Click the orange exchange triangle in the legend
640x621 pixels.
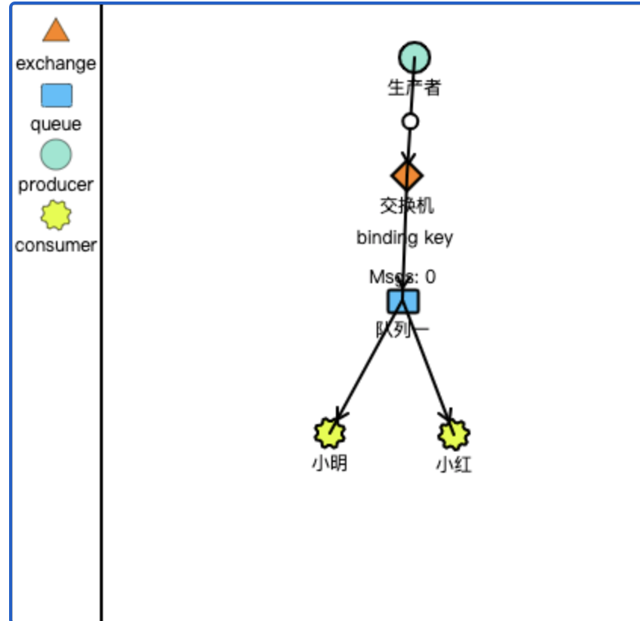click(x=55, y=31)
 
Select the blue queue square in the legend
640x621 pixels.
click(x=55, y=95)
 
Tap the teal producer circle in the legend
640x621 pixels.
click(x=55, y=155)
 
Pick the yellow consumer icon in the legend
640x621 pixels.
click(x=55, y=216)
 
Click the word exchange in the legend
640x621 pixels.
click(x=55, y=64)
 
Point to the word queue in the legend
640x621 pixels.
click(x=55, y=124)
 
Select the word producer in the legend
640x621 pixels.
click(x=55, y=185)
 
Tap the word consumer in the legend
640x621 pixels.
click(x=55, y=245)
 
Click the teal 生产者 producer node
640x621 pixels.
click(x=415, y=58)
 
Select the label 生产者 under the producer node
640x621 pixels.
click(x=414, y=88)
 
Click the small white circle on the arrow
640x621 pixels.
click(x=410, y=121)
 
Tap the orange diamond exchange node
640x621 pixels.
click(x=406, y=176)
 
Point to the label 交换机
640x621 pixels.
click(x=406, y=205)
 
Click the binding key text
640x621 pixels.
click(x=405, y=238)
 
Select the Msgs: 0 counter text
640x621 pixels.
click(x=402, y=277)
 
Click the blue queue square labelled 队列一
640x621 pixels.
click(x=402, y=301)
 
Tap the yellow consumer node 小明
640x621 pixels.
click(x=330, y=433)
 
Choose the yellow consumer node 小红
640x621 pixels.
click(x=453, y=434)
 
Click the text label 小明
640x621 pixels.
click(x=329, y=463)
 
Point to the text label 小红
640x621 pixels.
click(x=453, y=464)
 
